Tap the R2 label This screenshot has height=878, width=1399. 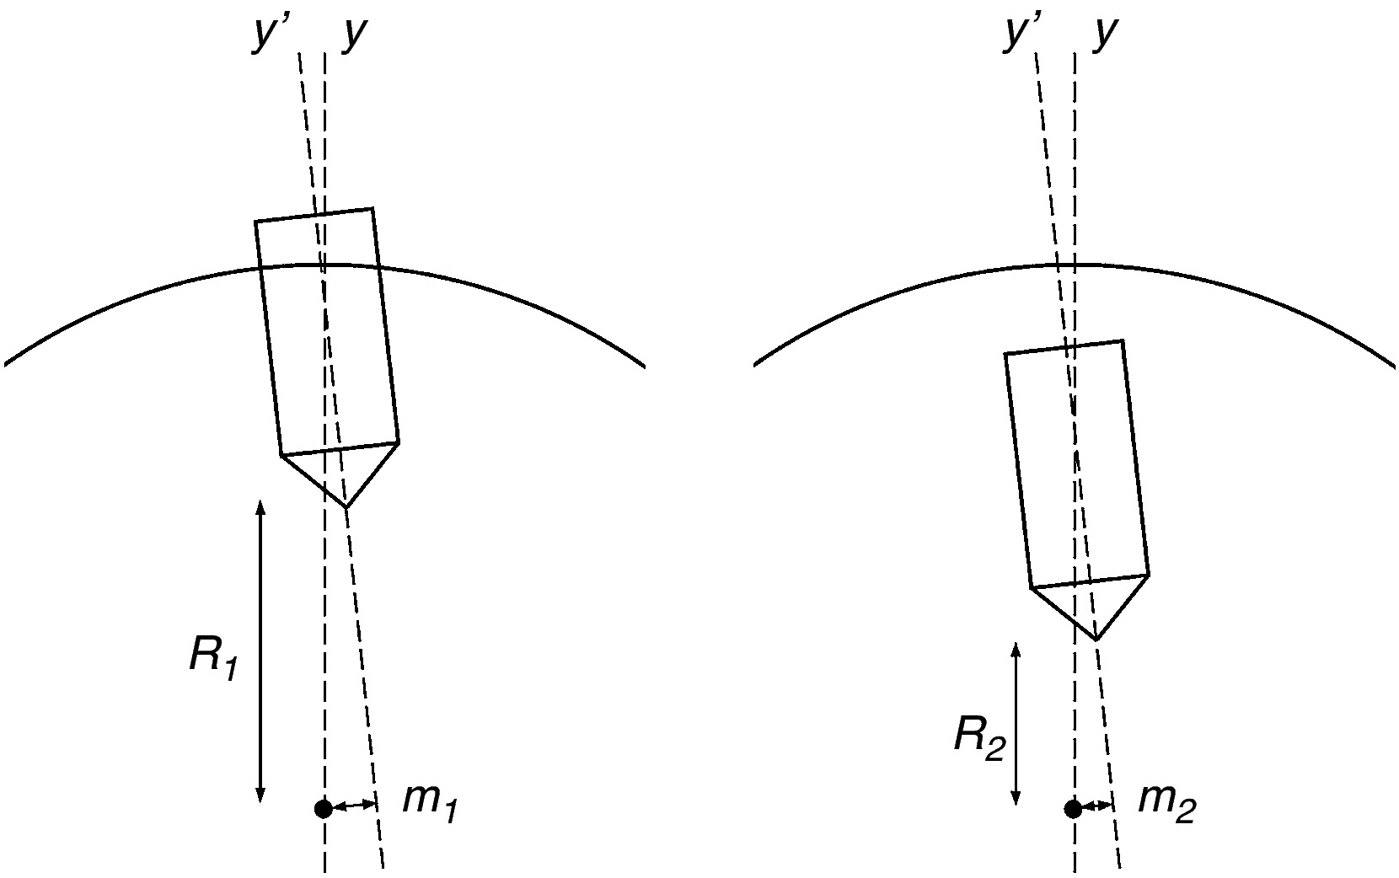(979, 738)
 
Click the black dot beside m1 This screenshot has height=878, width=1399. (323, 809)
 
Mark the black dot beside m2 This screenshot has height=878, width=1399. (1073, 809)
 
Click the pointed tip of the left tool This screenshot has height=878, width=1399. (346, 506)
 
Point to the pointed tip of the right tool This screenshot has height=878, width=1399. (1096, 640)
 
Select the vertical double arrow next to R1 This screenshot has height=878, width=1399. (260, 651)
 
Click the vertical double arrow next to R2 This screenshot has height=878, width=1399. (1016, 723)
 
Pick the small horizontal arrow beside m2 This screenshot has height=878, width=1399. (1096, 807)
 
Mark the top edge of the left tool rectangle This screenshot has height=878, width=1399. (314, 215)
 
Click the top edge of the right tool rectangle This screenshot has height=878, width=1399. (1064, 347)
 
